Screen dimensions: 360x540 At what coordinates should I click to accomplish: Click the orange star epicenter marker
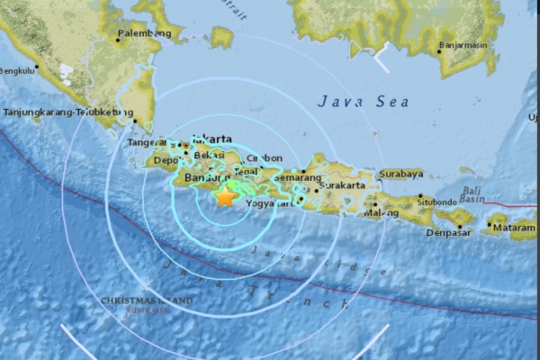tap(225, 196)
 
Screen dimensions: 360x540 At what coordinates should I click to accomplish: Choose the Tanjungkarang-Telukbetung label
tap(63, 112)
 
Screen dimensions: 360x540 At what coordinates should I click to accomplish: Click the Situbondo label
tap(436, 203)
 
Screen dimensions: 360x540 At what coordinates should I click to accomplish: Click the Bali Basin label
tap(472, 194)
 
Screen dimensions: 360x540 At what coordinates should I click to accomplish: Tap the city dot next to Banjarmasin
tap(439, 51)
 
